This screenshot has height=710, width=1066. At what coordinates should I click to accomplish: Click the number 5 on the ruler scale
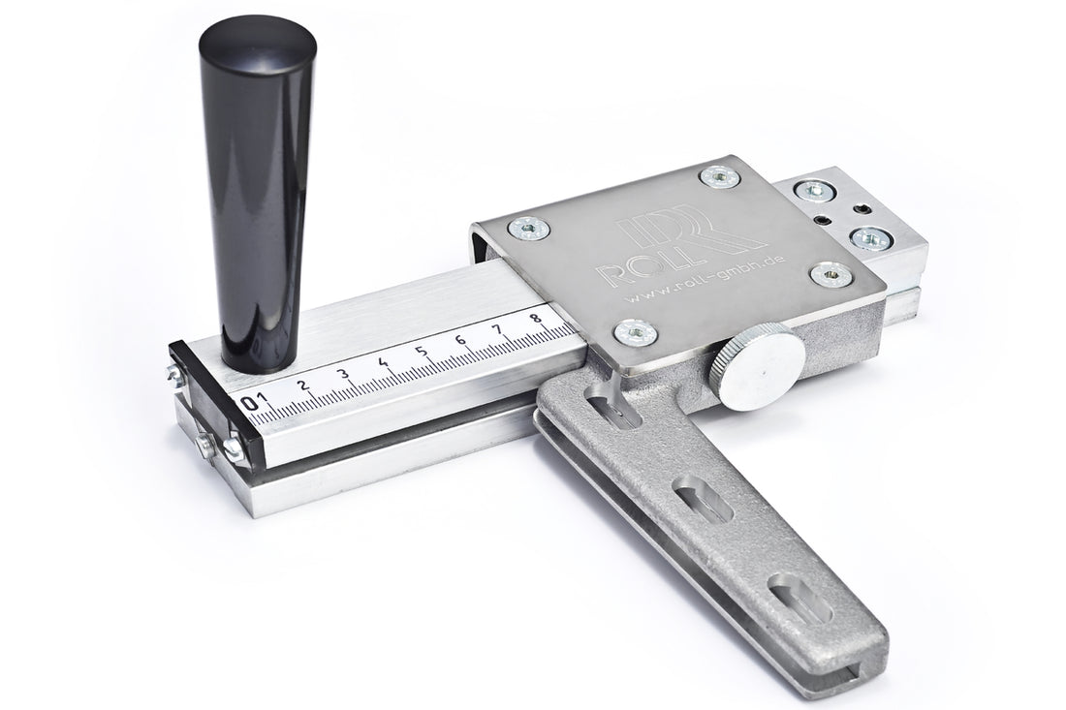[422, 352]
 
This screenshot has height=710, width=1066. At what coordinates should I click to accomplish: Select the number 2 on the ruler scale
[303, 386]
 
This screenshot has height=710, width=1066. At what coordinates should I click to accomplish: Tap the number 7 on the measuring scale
[498, 329]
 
